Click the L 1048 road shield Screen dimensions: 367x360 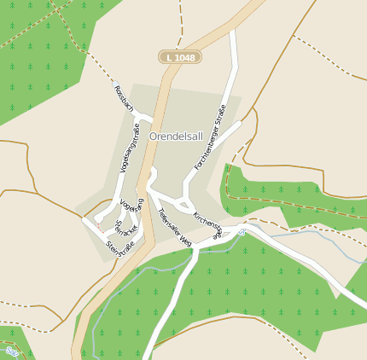pos(179,57)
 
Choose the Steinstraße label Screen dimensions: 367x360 pos(120,248)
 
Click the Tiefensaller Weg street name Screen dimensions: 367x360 pos(174,228)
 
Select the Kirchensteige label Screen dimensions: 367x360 pos(207,224)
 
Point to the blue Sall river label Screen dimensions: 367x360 pos(11,351)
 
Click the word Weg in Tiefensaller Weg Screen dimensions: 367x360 pos(184,241)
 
